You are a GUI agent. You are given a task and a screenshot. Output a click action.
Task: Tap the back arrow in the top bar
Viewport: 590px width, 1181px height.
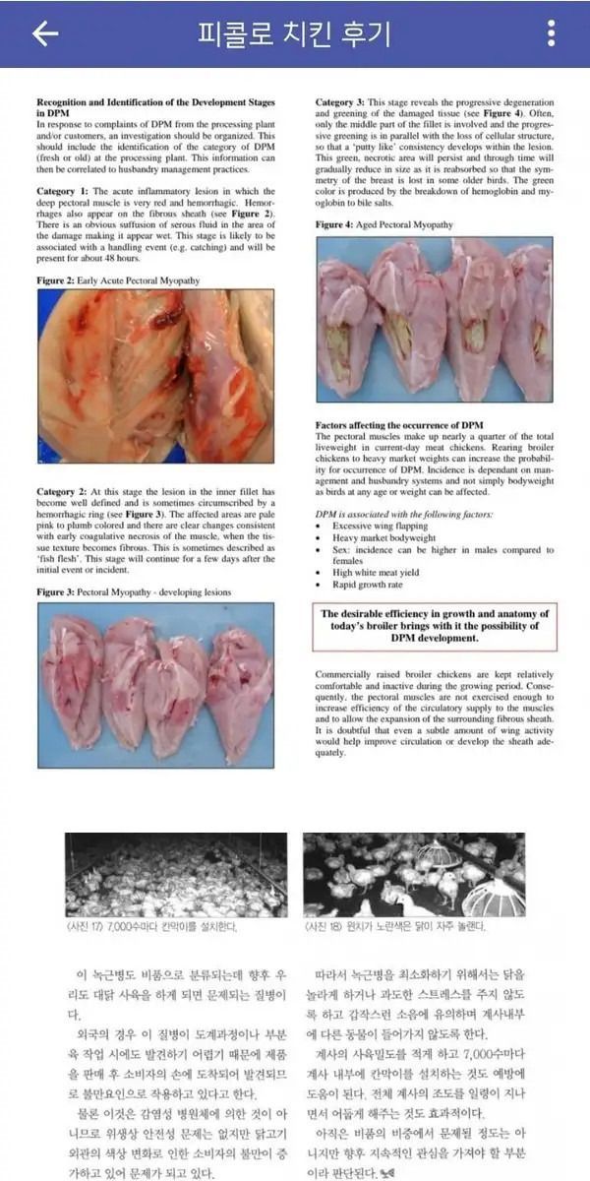(45, 33)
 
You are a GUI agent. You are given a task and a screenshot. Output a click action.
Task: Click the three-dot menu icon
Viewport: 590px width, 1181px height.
(551, 33)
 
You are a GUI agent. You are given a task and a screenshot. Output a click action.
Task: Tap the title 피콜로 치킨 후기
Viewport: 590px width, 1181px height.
(294, 33)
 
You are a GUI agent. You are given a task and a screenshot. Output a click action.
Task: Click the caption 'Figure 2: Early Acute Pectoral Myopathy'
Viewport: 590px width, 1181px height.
(118, 281)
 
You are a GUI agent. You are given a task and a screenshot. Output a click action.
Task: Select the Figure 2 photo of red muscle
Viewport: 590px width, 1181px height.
(155, 377)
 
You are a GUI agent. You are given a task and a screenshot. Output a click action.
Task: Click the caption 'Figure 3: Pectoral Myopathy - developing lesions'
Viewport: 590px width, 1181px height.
(135, 592)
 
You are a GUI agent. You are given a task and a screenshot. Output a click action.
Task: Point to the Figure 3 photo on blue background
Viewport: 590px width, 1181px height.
(155, 685)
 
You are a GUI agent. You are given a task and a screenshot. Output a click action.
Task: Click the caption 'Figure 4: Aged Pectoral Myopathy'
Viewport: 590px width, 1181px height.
(384, 225)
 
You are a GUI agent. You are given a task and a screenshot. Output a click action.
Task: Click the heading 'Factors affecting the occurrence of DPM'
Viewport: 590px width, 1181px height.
(399, 425)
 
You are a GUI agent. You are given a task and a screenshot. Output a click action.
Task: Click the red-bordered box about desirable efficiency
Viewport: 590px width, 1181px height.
(434, 627)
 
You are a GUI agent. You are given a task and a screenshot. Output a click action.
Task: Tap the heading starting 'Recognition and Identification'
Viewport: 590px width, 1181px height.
(155, 106)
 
